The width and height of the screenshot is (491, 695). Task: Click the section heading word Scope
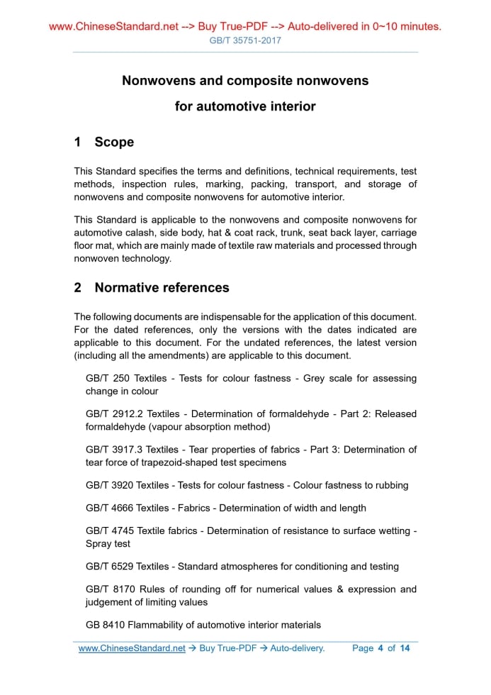[x=114, y=143]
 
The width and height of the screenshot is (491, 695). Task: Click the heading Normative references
[x=162, y=288]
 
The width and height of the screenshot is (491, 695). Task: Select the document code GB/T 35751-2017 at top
[x=245, y=40]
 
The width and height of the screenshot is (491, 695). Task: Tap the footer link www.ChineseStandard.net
[x=132, y=648]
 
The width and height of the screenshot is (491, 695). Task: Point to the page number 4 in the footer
[x=380, y=648]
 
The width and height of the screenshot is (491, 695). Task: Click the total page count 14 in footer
[x=405, y=648]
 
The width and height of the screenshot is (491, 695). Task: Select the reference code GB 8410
[x=105, y=625]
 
